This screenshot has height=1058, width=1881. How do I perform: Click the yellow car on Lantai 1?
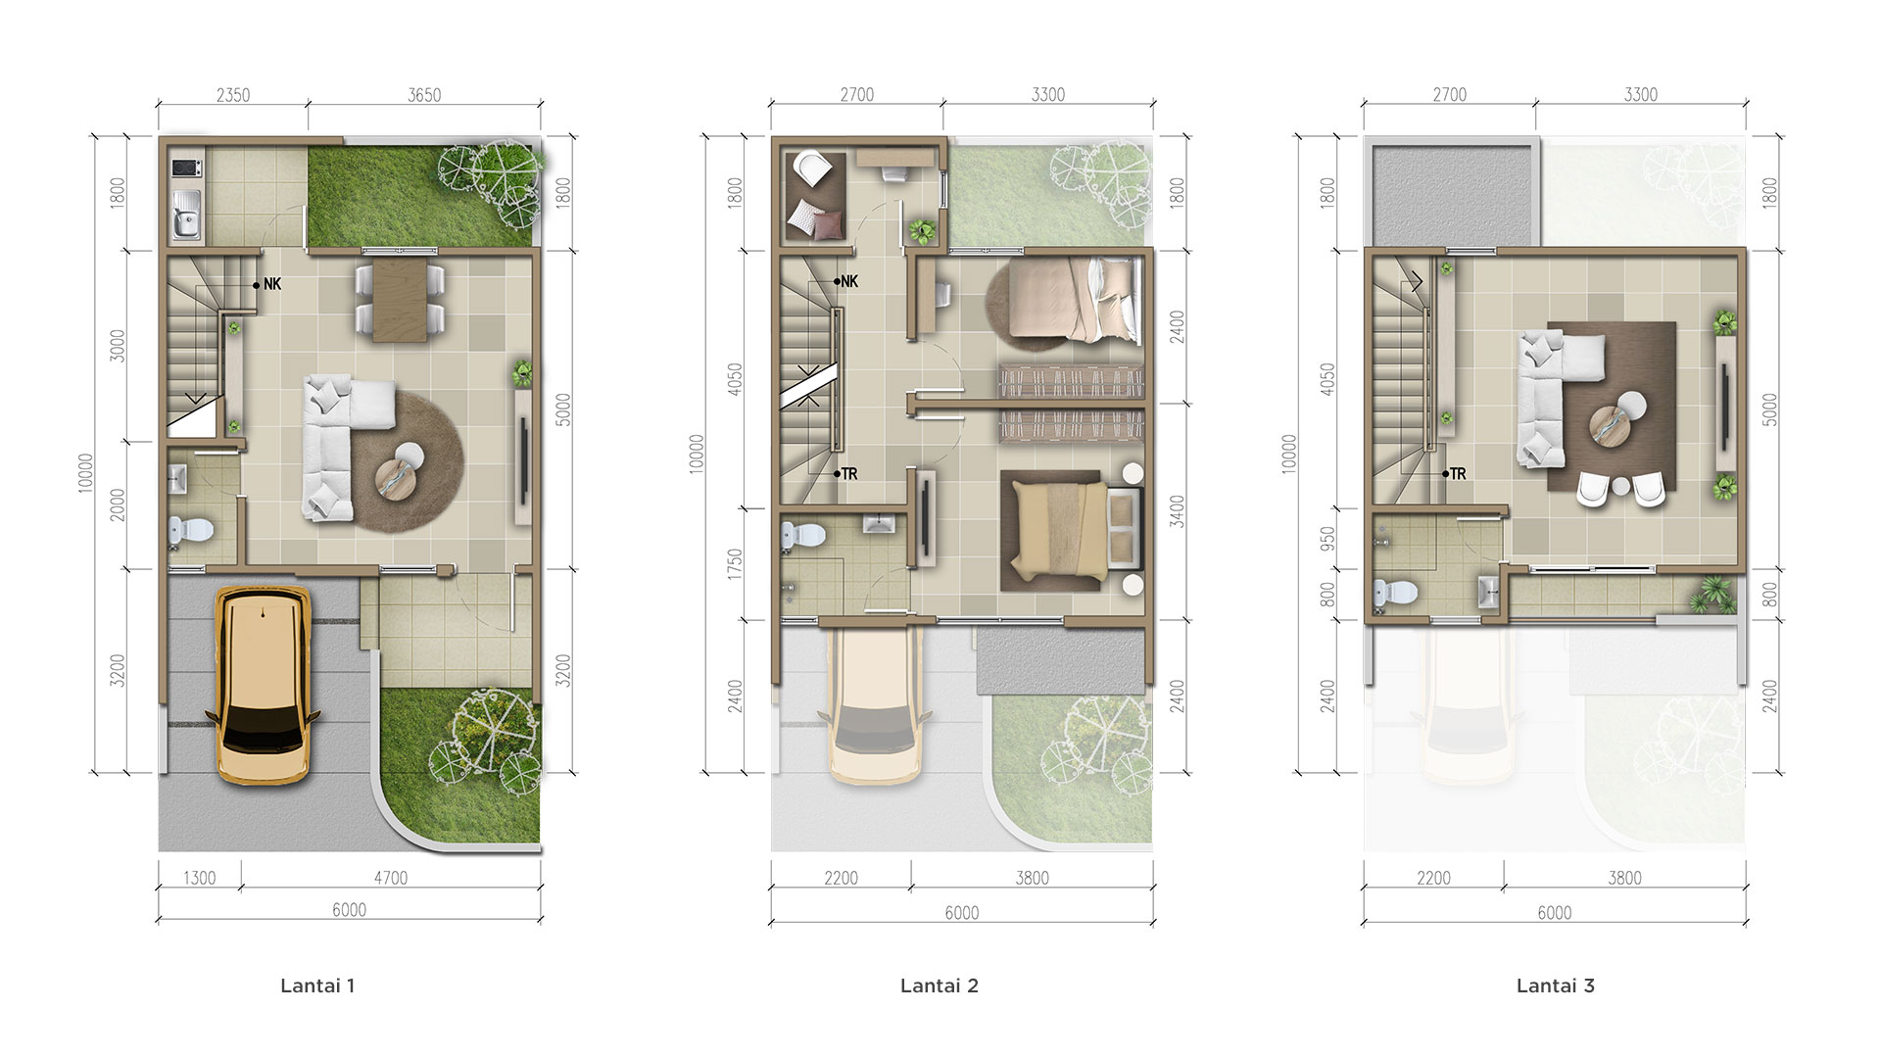(x=264, y=685)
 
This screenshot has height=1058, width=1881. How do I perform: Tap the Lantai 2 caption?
(x=939, y=986)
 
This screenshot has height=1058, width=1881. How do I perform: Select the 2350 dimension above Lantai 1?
(x=233, y=95)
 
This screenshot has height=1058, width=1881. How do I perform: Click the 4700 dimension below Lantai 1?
(x=390, y=878)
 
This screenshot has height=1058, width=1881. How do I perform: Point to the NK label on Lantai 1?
(x=272, y=284)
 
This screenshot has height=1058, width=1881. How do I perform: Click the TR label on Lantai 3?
(x=1458, y=474)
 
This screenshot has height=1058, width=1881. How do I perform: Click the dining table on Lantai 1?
(x=402, y=299)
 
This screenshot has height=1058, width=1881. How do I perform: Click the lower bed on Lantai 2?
(x=1072, y=530)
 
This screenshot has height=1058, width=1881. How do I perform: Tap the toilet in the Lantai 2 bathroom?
(x=803, y=537)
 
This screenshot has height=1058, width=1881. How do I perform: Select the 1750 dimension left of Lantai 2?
(x=735, y=564)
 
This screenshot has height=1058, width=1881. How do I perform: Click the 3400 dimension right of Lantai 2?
(x=1178, y=511)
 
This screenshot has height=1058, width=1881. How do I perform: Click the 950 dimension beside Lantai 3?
(x=1327, y=538)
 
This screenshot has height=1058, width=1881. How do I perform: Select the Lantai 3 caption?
(x=1555, y=986)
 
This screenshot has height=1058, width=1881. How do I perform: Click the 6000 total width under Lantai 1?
(x=349, y=910)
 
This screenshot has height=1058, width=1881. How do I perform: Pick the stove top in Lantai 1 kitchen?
(x=186, y=168)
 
